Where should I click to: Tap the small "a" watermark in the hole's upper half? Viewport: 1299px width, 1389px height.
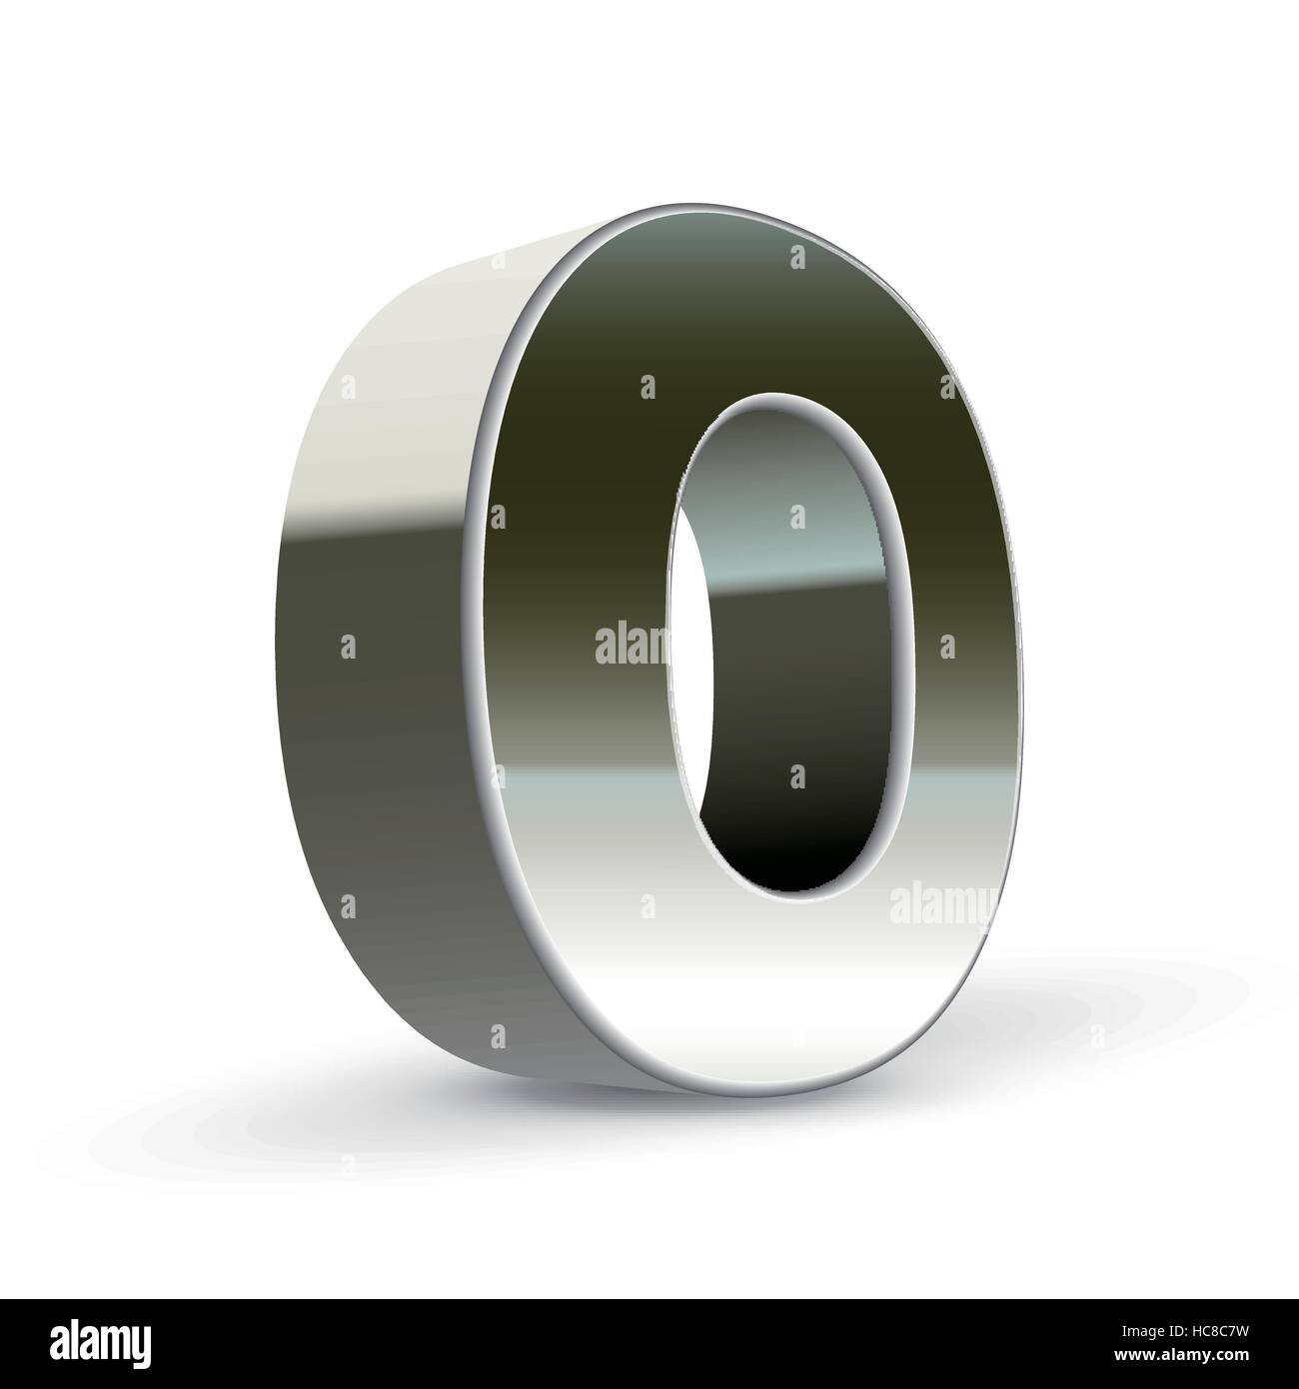(x=796, y=517)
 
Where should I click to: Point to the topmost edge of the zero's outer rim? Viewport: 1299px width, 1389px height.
(x=699, y=206)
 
